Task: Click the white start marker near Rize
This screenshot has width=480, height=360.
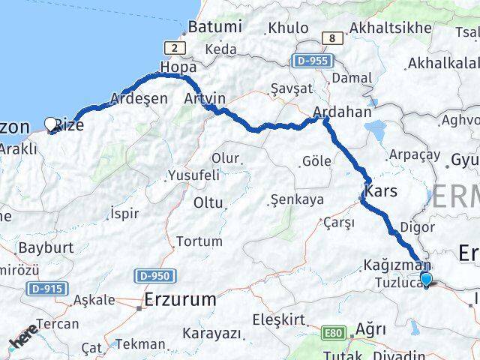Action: click(x=51, y=124)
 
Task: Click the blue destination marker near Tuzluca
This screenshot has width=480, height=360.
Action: click(x=427, y=280)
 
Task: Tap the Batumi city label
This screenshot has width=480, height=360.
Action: click(x=215, y=26)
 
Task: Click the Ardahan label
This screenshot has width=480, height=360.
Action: click(x=342, y=112)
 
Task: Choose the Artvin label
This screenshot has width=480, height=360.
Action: click(x=204, y=98)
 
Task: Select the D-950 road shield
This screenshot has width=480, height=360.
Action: click(x=154, y=277)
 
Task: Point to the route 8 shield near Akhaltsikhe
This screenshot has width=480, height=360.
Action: click(x=330, y=38)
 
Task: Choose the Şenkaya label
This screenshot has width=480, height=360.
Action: click(x=297, y=199)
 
